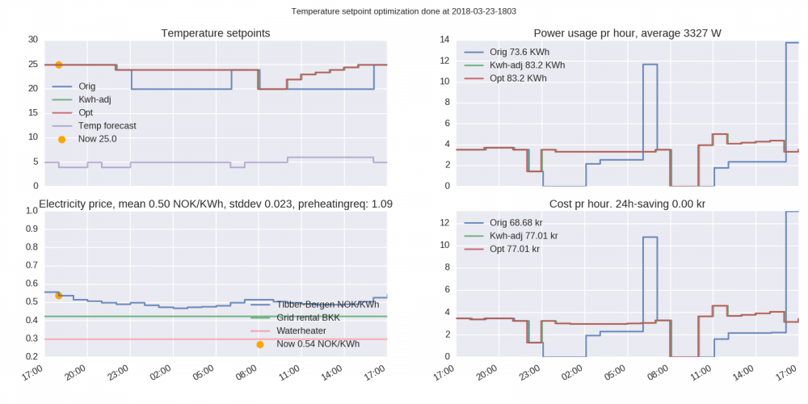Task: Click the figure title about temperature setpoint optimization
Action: pyautogui.click(x=404, y=12)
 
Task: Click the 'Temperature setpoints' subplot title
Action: pyautogui.click(x=216, y=33)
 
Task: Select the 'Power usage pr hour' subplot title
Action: pyautogui.click(x=627, y=33)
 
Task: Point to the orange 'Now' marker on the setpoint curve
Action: pyautogui.click(x=59, y=65)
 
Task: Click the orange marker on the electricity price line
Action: pyautogui.click(x=59, y=296)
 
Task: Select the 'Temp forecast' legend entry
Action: pyautogui.click(x=107, y=126)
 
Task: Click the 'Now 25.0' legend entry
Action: pyautogui.click(x=97, y=139)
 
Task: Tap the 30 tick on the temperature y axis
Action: pyautogui.click(x=32, y=40)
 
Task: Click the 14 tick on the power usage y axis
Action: pyautogui.click(x=444, y=40)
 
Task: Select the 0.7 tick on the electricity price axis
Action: pyautogui.click(x=32, y=265)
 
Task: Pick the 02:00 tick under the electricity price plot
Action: pyautogui.click(x=160, y=374)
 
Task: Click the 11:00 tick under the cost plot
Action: pyautogui.click(x=702, y=374)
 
